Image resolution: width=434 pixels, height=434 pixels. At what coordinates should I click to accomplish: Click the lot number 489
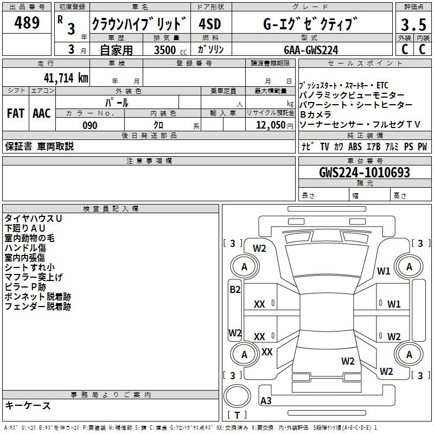click(27, 22)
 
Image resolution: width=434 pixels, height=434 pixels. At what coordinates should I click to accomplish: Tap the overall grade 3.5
click(413, 24)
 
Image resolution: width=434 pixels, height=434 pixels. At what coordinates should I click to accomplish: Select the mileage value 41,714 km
click(66, 78)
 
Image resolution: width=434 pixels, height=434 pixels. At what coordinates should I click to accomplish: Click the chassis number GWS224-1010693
click(364, 173)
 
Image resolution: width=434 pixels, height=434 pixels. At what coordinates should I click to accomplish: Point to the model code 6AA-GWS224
click(311, 50)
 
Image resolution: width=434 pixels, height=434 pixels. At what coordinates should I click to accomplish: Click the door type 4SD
click(210, 24)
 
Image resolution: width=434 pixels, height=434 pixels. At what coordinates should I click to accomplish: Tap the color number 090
click(90, 125)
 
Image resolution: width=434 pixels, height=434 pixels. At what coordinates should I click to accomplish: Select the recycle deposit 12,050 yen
click(275, 125)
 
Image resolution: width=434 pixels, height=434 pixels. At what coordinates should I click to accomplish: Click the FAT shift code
click(16, 113)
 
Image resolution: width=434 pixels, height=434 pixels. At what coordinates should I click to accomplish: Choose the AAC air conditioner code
click(42, 113)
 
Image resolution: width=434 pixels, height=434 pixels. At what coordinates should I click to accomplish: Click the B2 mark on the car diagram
click(235, 290)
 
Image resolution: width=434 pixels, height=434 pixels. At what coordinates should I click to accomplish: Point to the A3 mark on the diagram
click(266, 400)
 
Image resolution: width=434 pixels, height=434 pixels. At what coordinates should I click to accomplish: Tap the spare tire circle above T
click(237, 396)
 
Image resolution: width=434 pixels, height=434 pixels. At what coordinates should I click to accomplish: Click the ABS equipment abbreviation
click(355, 146)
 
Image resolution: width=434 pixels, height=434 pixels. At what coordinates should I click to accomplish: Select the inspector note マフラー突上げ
click(34, 277)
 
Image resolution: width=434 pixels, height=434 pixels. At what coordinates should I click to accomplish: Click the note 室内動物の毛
click(30, 238)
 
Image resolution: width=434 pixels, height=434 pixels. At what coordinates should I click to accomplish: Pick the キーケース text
click(28, 405)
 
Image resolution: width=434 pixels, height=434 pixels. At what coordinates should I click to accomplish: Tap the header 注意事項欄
click(149, 161)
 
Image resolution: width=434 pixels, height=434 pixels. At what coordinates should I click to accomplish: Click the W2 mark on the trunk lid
click(348, 361)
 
